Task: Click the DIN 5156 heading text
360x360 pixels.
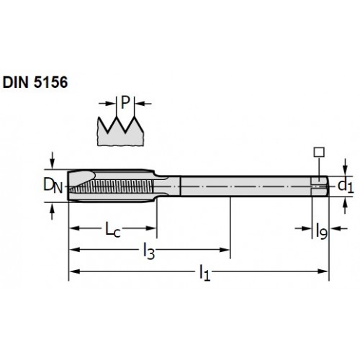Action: [x=35, y=82]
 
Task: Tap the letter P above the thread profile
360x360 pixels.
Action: [x=125, y=102]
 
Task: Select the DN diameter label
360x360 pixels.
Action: [x=53, y=186]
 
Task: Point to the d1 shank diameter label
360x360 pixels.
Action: [x=346, y=186]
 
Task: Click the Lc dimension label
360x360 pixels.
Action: [x=113, y=230]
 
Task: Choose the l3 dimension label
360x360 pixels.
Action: [x=149, y=251]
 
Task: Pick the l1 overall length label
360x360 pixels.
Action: [x=204, y=272]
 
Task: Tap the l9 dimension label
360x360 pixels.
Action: [x=322, y=231]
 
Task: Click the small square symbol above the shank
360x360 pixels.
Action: [x=319, y=152]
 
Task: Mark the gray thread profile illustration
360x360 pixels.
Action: [x=120, y=132]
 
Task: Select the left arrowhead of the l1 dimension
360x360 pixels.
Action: [x=74, y=271]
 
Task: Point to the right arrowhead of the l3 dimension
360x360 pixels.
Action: [x=225, y=250]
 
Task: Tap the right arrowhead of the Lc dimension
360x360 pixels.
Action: [x=151, y=228]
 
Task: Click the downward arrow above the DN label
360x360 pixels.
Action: [x=53, y=161]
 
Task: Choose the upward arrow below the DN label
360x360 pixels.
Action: [x=53, y=211]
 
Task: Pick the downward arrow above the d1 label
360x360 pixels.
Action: [x=345, y=167]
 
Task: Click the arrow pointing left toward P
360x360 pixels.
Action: [x=143, y=104]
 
